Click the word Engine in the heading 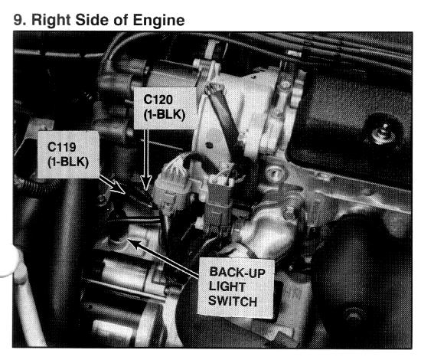click(x=158, y=21)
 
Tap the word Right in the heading click(x=51, y=21)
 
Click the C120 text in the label click(x=158, y=100)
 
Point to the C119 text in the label click(x=62, y=147)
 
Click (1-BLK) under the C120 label click(x=165, y=115)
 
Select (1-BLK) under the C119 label click(x=68, y=162)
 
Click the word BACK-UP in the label click(x=237, y=272)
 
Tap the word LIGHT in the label click(x=227, y=286)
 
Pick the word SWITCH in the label click(x=233, y=301)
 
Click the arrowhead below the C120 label click(x=146, y=183)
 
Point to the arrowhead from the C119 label click(x=118, y=186)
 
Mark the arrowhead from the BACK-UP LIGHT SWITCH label click(x=135, y=244)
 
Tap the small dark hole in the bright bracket click(x=209, y=146)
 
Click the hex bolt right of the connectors click(x=274, y=173)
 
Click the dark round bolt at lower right click(x=354, y=315)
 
